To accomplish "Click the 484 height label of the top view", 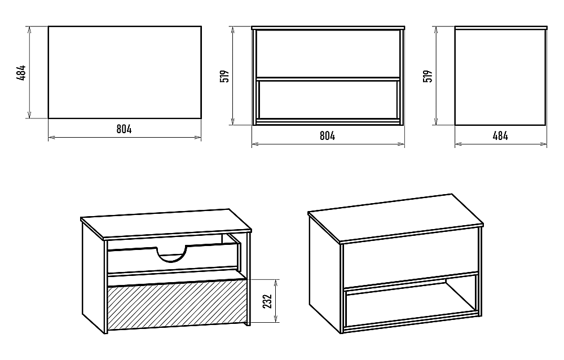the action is [x=21, y=73].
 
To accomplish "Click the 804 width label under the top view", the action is [x=124, y=129].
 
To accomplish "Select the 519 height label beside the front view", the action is [x=225, y=76].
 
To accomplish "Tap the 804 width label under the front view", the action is [x=327, y=136].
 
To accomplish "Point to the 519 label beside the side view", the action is [x=428, y=76].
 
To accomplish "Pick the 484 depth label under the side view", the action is [x=500, y=136].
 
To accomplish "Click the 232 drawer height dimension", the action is [x=267, y=301].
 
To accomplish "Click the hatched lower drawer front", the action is [x=177, y=305].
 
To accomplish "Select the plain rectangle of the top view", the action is [x=125, y=72].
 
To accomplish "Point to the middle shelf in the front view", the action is [x=328, y=78].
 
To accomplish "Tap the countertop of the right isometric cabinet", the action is [x=396, y=218].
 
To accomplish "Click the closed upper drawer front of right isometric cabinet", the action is [x=411, y=258].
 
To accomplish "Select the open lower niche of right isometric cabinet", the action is [x=411, y=302].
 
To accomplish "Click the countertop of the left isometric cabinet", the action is [x=166, y=223].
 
